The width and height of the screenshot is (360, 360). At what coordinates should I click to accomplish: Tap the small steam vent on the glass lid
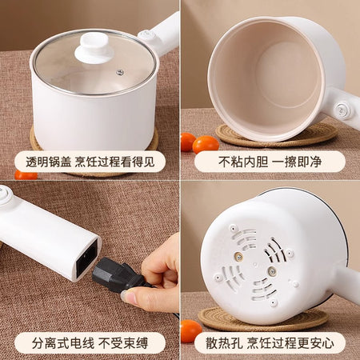[120, 72]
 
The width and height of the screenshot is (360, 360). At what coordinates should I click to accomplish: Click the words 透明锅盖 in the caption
[48, 162]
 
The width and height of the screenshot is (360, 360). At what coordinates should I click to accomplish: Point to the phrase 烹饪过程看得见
[114, 162]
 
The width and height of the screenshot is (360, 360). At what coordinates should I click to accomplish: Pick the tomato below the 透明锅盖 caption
[26, 175]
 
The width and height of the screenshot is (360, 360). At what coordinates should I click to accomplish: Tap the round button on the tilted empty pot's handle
[342, 110]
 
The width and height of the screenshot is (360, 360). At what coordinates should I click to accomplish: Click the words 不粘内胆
[243, 162]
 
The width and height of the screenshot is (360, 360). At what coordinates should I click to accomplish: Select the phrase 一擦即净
[297, 162]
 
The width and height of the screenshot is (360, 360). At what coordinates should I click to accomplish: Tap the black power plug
[118, 275]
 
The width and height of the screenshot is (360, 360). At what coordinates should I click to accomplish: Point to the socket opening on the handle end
[87, 258]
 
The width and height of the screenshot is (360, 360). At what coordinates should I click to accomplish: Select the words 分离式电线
[63, 343]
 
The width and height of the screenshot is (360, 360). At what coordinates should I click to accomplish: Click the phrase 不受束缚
[123, 343]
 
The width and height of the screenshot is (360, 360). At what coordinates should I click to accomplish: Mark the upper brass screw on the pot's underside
[239, 257]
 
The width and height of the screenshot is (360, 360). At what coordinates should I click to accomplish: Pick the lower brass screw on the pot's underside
[272, 271]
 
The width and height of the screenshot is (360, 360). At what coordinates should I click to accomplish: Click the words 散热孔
[224, 343]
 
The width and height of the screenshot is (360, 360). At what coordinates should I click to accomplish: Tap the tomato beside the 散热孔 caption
[191, 331]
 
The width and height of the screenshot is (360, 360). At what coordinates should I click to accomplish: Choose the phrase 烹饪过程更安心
[290, 343]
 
